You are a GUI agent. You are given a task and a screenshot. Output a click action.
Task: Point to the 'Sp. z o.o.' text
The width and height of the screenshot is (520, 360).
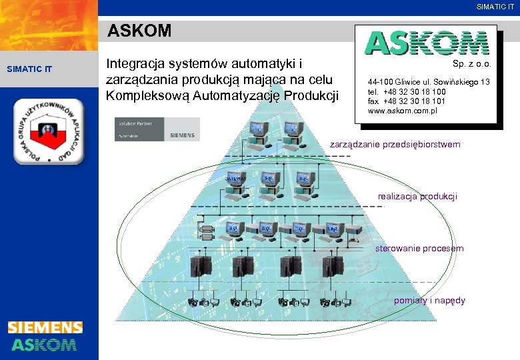(x=471, y=65)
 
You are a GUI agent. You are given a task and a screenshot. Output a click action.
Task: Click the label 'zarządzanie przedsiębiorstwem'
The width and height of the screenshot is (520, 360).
(x=395, y=145)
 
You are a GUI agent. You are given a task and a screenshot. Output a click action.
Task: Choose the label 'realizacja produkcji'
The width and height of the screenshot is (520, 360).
(x=417, y=196)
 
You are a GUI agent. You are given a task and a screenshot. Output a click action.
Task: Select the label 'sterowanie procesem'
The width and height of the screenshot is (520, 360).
(x=419, y=249)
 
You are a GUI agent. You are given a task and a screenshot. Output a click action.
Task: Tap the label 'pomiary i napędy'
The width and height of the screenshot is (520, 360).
(x=429, y=301)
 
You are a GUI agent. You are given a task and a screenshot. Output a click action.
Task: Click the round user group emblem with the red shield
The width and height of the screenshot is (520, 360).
(x=49, y=131)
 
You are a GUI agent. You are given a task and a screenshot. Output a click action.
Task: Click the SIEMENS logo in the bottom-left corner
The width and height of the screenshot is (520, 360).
(x=45, y=327)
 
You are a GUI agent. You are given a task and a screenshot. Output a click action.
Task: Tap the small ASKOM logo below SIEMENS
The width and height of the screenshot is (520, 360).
(x=44, y=344)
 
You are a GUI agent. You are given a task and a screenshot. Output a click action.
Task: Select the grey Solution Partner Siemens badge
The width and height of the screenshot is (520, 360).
(x=157, y=129)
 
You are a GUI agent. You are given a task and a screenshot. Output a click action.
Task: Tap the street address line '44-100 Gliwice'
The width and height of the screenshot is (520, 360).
(x=428, y=82)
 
